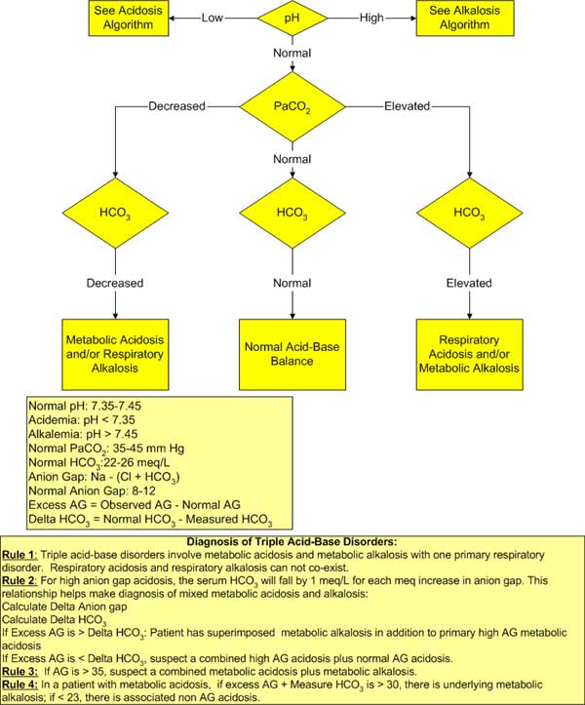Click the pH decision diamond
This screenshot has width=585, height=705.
(x=292, y=18)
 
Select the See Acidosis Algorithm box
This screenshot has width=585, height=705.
(x=128, y=18)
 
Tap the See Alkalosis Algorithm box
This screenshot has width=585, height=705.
(x=464, y=18)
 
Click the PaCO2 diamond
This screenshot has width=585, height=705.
(x=292, y=107)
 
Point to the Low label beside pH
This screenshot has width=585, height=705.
(x=212, y=18)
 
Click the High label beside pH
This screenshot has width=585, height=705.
(x=371, y=18)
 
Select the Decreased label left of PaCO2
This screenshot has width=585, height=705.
(x=176, y=106)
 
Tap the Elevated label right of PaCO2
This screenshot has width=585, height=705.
(x=407, y=106)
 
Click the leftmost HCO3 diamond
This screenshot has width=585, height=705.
(x=115, y=213)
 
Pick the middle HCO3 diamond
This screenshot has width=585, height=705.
(x=292, y=213)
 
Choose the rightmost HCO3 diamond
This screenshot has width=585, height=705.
(x=469, y=213)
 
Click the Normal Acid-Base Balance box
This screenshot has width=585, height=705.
(x=292, y=354)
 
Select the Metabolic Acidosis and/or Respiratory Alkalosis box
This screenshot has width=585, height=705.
(x=115, y=354)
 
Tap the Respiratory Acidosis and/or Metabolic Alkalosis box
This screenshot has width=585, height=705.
(x=469, y=354)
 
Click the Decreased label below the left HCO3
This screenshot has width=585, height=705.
(x=115, y=283)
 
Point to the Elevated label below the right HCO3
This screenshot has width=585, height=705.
(x=469, y=283)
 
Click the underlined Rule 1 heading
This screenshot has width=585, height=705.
(x=19, y=555)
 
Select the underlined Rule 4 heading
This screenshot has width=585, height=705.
(x=19, y=685)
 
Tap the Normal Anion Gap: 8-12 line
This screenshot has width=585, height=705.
(x=93, y=491)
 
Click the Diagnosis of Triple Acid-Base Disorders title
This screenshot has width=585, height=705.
(x=292, y=542)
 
